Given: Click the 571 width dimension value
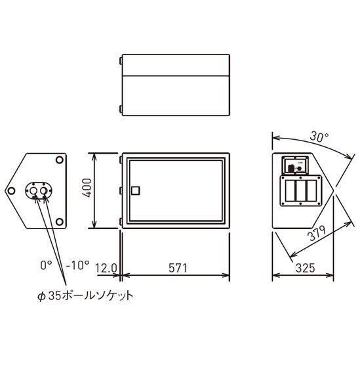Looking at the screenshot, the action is [178, 268].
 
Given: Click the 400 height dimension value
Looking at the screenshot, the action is [88, 188].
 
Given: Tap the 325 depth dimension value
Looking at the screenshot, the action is [305, 268].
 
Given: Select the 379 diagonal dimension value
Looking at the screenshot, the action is [317, 233].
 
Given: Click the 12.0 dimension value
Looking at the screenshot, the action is [106, 268].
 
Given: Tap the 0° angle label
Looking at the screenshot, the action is [46, 265].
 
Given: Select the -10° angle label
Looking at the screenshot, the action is [77, 265].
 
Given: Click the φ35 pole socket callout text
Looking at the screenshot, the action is [85, 295].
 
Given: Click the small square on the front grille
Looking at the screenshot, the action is [136, 190].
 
